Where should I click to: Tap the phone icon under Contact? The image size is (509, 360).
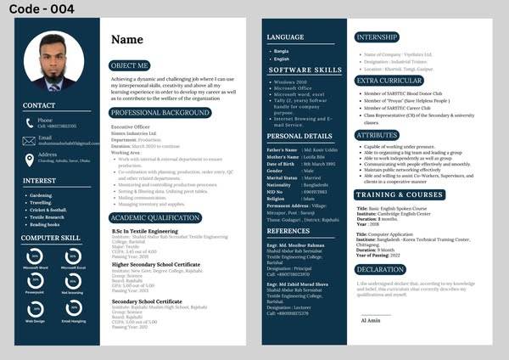point(27,122)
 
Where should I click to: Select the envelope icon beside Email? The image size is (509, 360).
point(27,139)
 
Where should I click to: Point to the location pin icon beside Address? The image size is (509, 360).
point(27,157)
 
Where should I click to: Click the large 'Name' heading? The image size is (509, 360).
point(127,39)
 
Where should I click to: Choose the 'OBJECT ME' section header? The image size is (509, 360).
point(130,65)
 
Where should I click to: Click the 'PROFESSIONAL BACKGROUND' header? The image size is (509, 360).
point(159,112)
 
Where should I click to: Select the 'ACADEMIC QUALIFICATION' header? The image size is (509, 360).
point(155,217)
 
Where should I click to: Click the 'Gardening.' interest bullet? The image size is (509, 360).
point(40,195)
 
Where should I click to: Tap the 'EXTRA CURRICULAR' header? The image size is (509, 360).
point(389,81)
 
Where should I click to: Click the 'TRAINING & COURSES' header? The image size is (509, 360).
point(399,194)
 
